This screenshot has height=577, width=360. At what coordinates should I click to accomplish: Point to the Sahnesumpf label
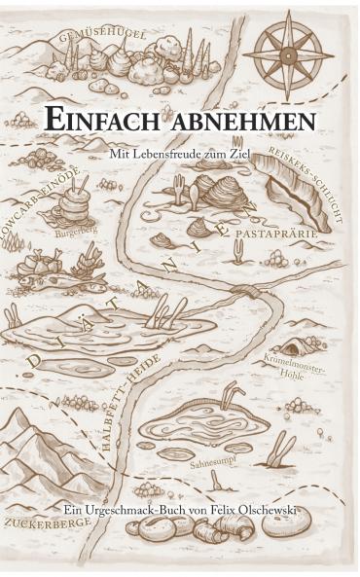pos(213,466)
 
